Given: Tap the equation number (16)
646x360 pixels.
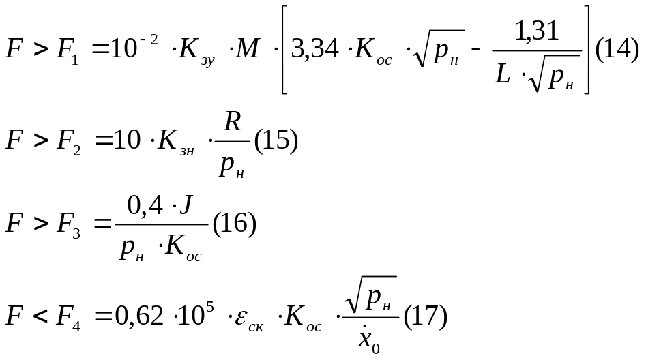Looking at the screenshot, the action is [x=235, y=224].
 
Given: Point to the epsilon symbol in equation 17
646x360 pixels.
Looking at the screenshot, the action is [x=244, y=318].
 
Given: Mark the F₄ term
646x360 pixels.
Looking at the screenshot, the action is [x=68, y=318].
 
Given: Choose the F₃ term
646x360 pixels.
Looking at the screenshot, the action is [x=67, y=225].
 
